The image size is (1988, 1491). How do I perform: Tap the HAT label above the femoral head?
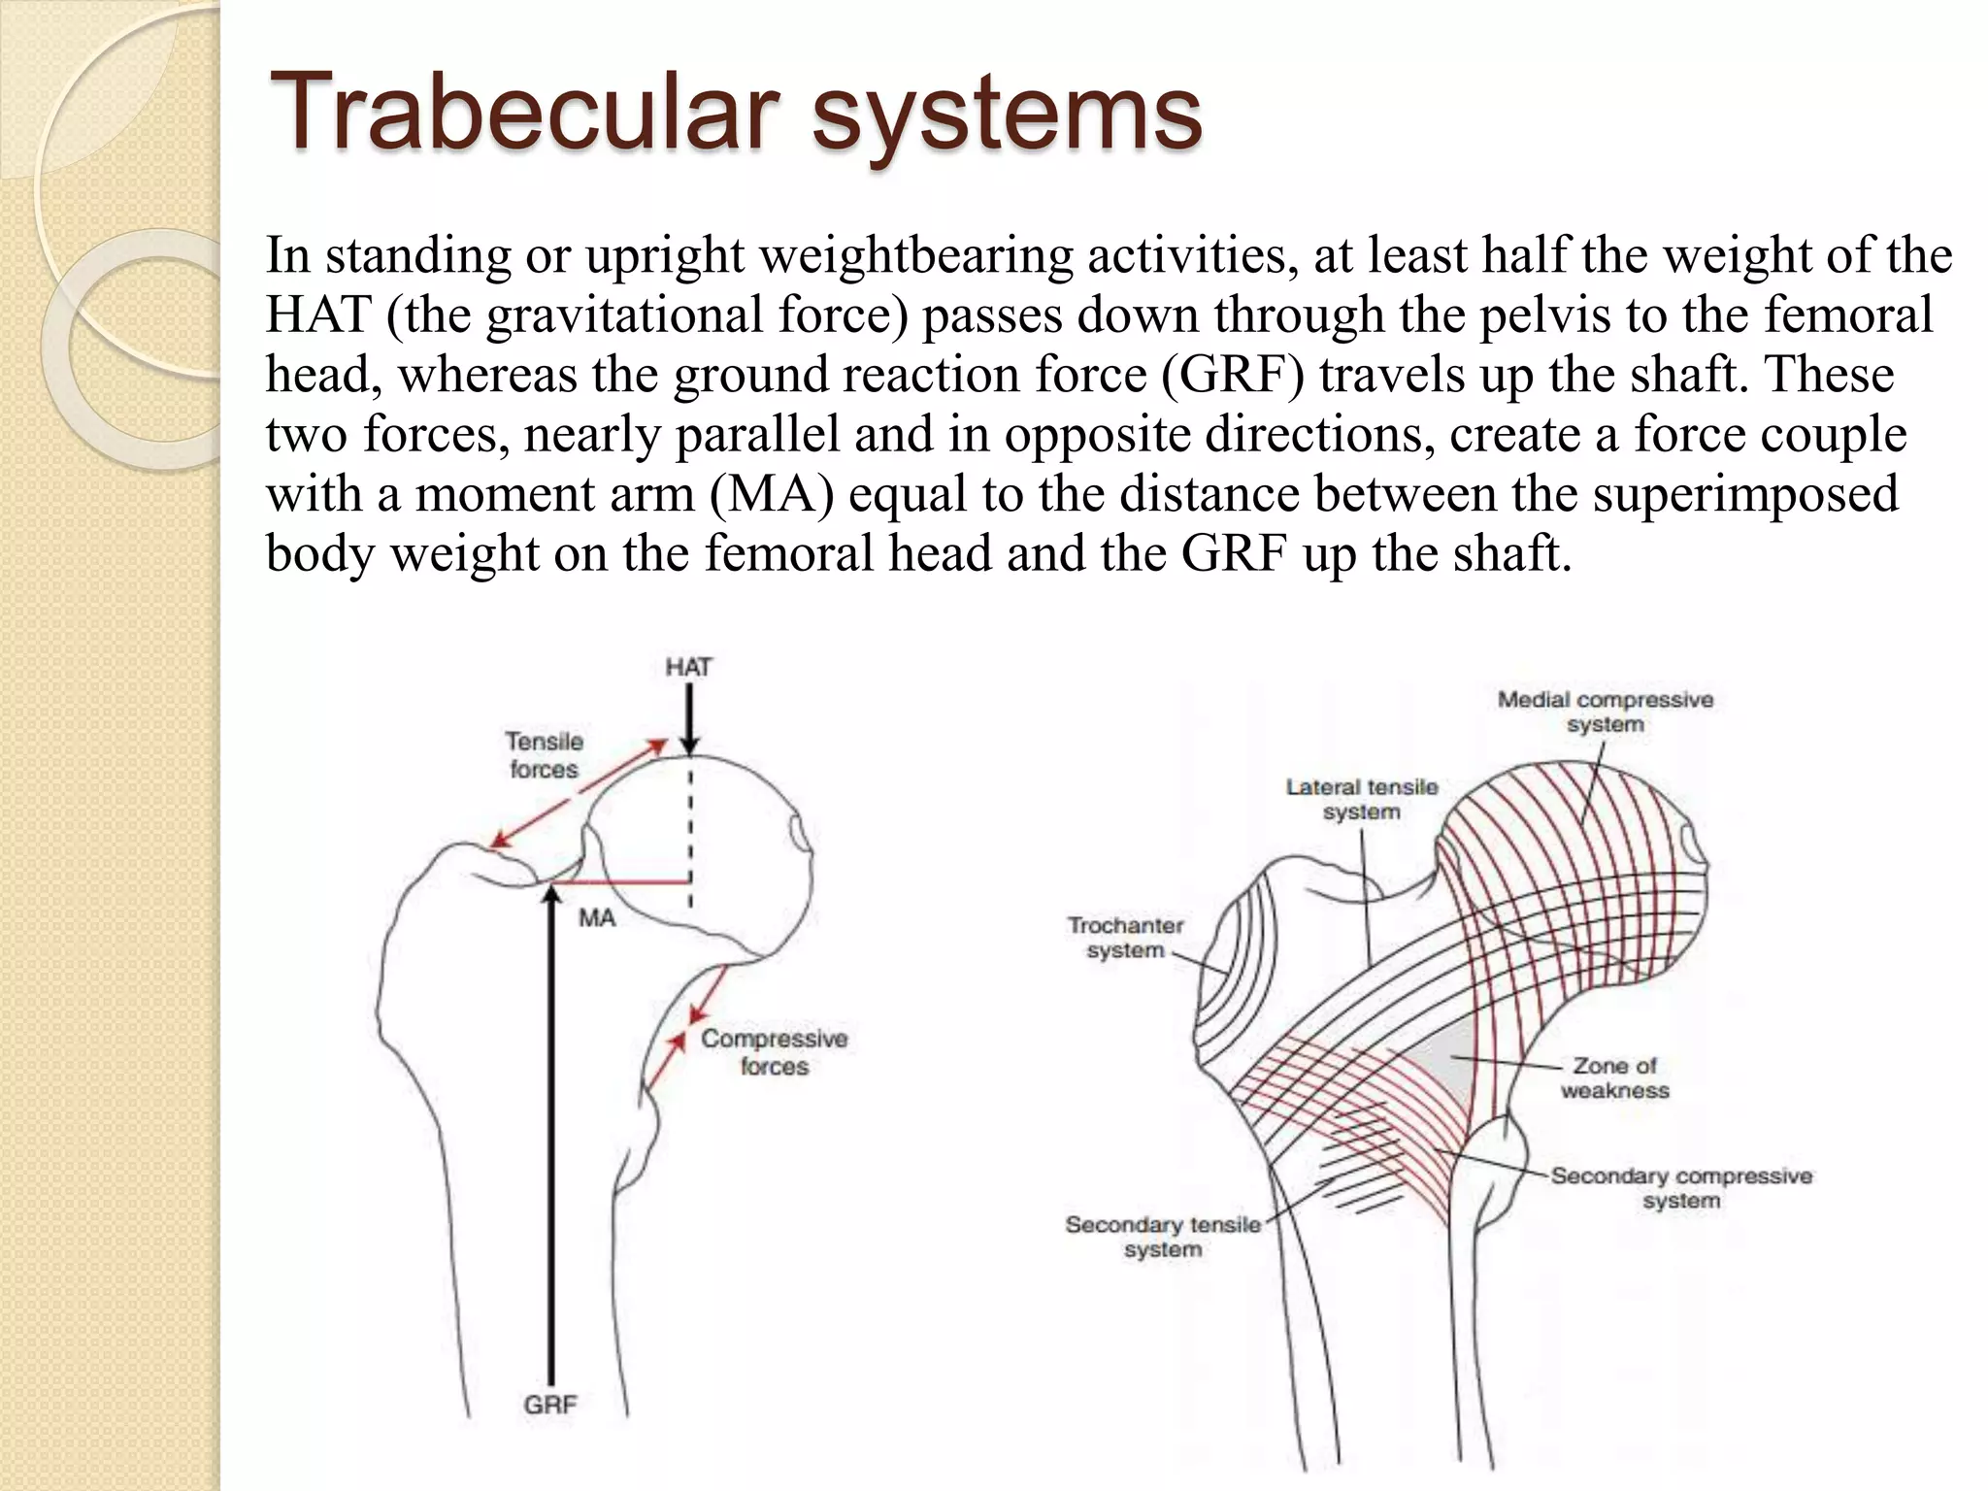pos(688,668)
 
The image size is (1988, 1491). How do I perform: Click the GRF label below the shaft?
pos(550,1405)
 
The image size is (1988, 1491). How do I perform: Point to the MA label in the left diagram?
pos(597,918)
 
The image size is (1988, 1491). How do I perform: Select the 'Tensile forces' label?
pos(544,755)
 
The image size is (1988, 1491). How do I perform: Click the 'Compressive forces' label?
pos(774,1052)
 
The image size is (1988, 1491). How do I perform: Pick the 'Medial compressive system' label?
pos(1605,712)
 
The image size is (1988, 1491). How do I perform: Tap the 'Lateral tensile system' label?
pos(1361,799)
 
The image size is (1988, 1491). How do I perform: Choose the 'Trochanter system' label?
pos(1125,938)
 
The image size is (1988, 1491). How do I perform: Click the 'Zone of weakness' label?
pos(1614,1077)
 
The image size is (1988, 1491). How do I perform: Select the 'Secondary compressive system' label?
pos(1680,1188)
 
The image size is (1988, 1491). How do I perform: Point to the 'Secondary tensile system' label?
pos(1163,1237)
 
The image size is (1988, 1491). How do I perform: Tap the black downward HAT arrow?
pos(688,718)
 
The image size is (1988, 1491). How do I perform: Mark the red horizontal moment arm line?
pos(621,883)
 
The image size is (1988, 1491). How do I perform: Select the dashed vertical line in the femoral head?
pos(690,835)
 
